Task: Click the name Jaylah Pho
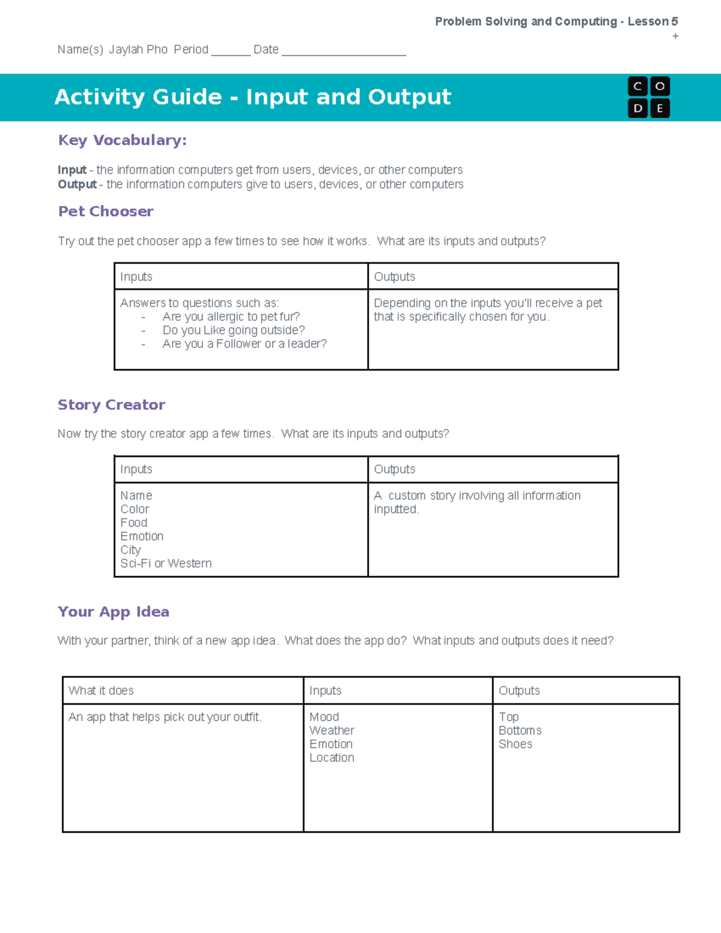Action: [x=138, y=50]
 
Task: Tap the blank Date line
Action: [x=344, y=51]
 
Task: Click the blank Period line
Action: [x=230, y=51]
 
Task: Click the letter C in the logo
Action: [x=637, y=87]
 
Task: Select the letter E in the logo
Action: [x=660, y=109]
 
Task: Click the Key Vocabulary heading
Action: [x=122, y=141]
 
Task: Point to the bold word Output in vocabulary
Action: [x=77, y=184]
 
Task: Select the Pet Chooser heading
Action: [x=106, y=211]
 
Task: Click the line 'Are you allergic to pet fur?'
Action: [x=231, y=317]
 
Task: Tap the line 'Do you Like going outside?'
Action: [x=233, y=330]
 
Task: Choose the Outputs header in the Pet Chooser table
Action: [x=394, y=277]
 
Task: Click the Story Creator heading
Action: [x=111, y=405]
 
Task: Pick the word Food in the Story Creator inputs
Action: [x=133, y=523]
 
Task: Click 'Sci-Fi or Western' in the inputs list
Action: [x=166, y=564]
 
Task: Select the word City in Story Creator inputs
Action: [x=130, y=550]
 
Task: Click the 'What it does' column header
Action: [x=101, y=691]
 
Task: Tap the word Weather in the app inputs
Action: [x=332, y=731]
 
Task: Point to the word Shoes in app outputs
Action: [x=515, y=744]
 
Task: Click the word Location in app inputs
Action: [x=332, y=758]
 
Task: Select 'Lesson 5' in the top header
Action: [x=653, y=22]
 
